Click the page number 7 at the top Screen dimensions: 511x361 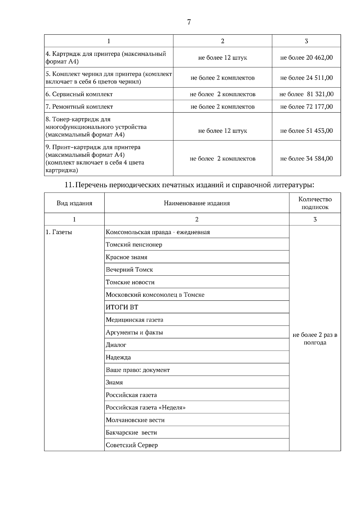tap(189, 22)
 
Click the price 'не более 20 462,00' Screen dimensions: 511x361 tap(306, 57)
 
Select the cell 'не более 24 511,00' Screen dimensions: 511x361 tap(306, 78)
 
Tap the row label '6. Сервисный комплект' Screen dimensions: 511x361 tap(79, 94)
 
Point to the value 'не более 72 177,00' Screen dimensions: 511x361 tap(306, 107)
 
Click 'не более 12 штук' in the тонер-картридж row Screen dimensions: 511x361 tap(223, 131)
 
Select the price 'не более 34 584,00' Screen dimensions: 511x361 tap(306, 159)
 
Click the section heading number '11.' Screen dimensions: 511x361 tap(69, 185)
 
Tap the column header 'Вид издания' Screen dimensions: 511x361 tap(74, 203)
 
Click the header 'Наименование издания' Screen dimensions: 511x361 tap(197, 203)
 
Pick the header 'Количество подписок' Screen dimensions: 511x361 tap(315, 203)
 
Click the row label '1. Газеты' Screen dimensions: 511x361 tap(59, 232)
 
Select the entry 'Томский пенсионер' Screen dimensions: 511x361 tap(134, 245)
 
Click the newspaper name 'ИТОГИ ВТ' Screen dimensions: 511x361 tap(122, 307)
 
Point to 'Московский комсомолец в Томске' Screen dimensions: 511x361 tap(155, 295)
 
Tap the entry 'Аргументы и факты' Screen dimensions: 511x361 tap(134, 333)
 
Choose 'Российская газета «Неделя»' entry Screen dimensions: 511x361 tap(146, 408)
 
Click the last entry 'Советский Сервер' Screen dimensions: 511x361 tap(132, 445)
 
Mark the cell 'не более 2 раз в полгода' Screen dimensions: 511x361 tap(315, 339)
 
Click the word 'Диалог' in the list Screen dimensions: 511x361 tap(116, 345)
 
